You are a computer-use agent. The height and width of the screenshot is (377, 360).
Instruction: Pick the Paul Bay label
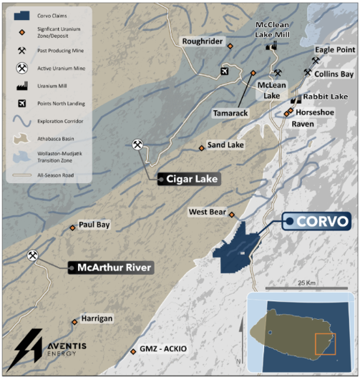coord(94,225)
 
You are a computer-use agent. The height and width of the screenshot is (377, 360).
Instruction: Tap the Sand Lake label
coord(225,145)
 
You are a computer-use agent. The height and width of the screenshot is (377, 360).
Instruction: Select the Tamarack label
coord(230,113)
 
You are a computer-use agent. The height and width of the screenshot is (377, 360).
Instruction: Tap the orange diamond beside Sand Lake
coord(202,148)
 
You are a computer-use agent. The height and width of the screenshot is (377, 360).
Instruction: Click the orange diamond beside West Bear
coord(231,215)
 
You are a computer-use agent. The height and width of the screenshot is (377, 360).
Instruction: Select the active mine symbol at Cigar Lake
coord(137,145)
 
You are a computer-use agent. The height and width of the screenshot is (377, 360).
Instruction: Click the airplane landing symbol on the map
coord(225,70)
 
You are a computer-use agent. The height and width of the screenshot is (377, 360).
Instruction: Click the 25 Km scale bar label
coord(307,281)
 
